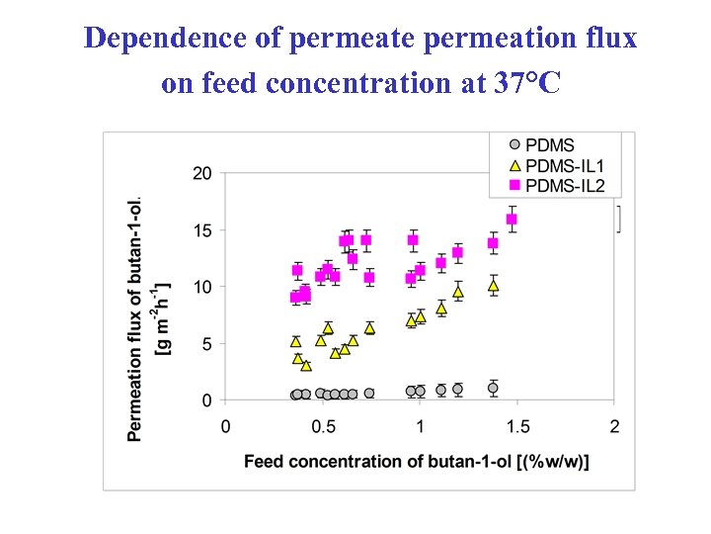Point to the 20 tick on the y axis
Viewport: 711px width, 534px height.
pos(201,173)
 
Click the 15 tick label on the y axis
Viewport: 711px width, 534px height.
pos(201,230)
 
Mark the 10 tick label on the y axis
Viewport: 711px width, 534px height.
pos(201,287)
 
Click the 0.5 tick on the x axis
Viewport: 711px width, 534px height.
pos(323,426)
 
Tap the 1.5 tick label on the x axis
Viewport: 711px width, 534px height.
pos(517,426)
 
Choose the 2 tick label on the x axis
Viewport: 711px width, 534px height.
pos(614,426)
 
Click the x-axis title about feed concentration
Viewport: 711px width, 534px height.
pos(417,461)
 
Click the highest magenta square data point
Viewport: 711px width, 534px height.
pos(512,220)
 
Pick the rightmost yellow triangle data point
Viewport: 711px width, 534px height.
pos(493,286)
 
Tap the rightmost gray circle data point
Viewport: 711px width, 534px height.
pos(493,388)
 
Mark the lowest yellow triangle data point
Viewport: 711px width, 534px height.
pos(306,365)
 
